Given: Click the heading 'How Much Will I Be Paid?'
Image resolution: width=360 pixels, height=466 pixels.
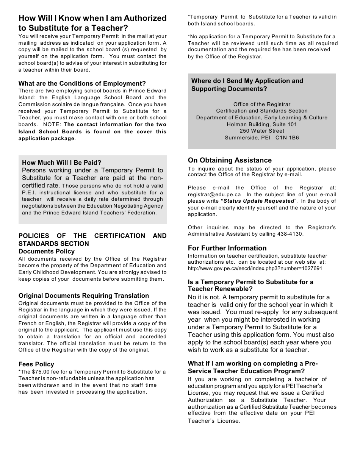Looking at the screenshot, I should click(62, 163).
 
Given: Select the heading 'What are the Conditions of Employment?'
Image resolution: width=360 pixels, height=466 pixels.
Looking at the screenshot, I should click(82, 83).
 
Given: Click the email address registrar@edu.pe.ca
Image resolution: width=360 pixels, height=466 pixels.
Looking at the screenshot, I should click(214, 194).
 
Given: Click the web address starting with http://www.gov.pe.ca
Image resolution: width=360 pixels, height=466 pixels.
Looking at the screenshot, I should click(255, 268).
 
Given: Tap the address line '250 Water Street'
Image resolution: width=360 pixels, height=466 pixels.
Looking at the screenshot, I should click(262, 131).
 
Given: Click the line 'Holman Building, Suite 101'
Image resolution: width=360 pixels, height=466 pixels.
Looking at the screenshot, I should click(262, 124).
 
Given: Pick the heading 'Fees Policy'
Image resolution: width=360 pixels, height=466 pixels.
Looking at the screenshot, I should click(36, 364).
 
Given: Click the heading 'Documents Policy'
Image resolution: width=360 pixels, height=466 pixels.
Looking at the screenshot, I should click(47, 251).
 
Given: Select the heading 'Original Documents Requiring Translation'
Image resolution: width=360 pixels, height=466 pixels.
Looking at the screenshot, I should click(84, 296).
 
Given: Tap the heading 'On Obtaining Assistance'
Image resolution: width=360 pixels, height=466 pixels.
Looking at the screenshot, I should click(230, 160).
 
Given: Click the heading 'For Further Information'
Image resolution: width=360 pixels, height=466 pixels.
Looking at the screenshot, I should click(227, 248).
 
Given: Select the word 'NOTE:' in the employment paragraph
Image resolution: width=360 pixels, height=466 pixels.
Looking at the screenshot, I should click(52, 125).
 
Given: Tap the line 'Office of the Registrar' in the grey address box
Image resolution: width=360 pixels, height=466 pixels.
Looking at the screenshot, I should click(262, 104).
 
